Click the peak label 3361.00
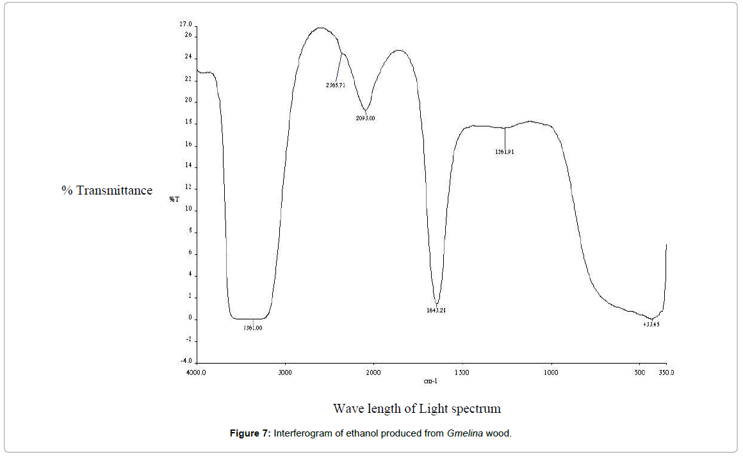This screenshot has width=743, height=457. tap(252, 328)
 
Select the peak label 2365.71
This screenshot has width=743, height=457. tap(336, 84)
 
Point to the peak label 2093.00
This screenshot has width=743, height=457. tap(365, 118)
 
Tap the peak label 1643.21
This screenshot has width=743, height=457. tap(436, 310)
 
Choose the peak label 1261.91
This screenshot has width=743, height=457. tap(505, 152)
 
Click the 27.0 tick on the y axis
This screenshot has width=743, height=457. tap(186, 24)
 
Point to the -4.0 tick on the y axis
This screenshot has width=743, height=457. tap(186, 362)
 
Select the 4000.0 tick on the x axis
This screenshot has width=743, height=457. tap(195, 372)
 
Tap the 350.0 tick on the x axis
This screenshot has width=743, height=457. tap(666, 372)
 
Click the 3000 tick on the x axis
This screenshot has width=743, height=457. tap(286, 372)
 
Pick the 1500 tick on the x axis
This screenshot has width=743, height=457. tap(462, 372)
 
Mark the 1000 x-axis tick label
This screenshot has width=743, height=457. tap(551, 372)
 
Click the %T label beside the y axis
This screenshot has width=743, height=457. tap(174, 199)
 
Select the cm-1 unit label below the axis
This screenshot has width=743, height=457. tap(430, 381)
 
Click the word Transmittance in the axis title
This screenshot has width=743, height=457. tap(115, 190)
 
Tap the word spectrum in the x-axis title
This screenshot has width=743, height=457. tap(474, 408)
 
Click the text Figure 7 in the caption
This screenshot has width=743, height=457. tap(250, 433)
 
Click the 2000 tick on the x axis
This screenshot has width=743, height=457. tap(373, 372)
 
